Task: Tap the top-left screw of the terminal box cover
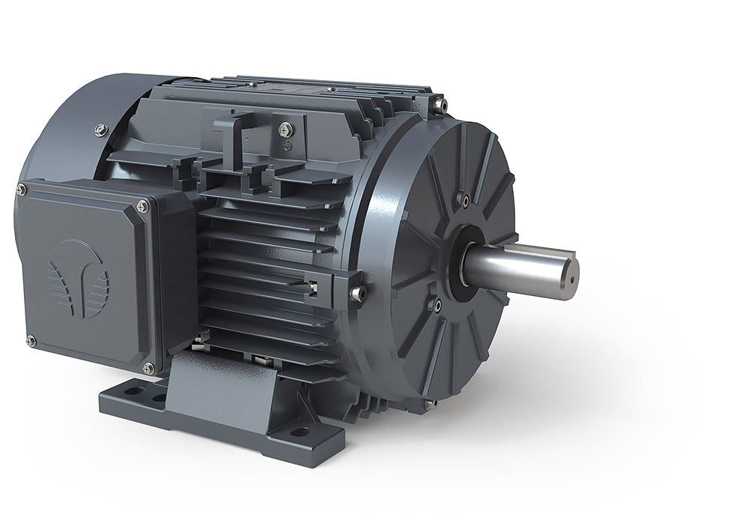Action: [x=22, y=190]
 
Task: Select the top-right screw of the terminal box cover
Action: [x=142, y=206]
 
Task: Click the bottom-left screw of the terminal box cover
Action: [x=31, y=341]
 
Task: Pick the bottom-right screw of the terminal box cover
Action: [x=149, y=368]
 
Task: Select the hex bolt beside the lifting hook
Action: [x=285, y=130]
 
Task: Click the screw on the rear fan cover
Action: [x=101, y=130]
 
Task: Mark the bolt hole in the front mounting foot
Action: [x=300, y=432]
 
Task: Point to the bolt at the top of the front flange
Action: [x=440, y=104]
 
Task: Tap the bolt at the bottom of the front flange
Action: [x=429, y=404]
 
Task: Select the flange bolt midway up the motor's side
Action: [x=358, y=293]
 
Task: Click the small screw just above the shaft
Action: [x=466, y=200]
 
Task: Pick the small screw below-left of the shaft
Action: [x=434, y=304]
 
